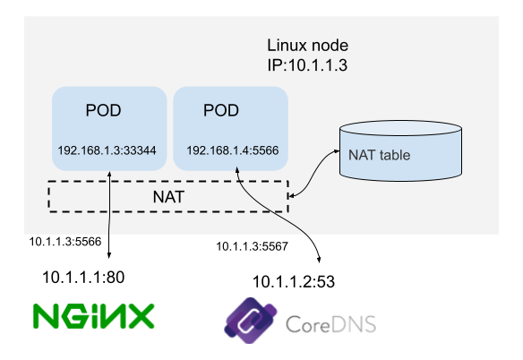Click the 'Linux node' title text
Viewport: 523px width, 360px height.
pyautogui.click(x=307, y=46)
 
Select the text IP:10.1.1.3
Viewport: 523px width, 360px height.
pyautogui.click(x=307, y=64)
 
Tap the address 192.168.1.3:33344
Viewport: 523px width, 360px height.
pyautogui.click(x=107, y=150)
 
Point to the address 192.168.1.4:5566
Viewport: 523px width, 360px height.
pyautogui.click(x=233, y=150)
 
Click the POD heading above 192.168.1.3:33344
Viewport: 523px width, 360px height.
pyautogui.click(x=103, y=110)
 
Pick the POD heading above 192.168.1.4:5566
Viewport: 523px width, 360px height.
pyautogui.click(x=221, y=110)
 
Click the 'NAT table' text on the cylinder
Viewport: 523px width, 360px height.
pyautogui.click(x=379, y=155)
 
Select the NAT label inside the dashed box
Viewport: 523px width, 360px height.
pyautogui.click(x=168, y=197)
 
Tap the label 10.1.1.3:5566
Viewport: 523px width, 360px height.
pyautogui.click(x=65, y=242)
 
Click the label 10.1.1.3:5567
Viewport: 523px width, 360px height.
pyautogui.click(x=252, y=246)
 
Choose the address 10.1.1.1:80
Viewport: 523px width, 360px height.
pyautogui.click(x=83, y=278)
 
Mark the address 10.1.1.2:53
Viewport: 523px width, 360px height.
pyautogui.click(x=294, y=281)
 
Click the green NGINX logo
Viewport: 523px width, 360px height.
pyautogui.click(x=94, y=316)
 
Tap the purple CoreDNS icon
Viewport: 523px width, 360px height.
pyautogui.click(x=251, y=321)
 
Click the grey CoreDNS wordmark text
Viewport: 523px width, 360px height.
pyautogui.click(x=330, y=324)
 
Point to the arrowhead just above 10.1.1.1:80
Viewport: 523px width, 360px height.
pyautogui.click(x=108, y=255)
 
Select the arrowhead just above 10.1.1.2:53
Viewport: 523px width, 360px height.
pyautogui.click(x=319, y=260)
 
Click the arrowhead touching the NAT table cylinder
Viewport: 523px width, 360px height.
pyautogui.click(x=337, y=151)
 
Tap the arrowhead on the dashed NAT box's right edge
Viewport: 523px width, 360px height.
pyautogui.click(x=291, y=196)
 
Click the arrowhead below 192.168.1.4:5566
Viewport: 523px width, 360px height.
pyautogui.click(x=237, y=170)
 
